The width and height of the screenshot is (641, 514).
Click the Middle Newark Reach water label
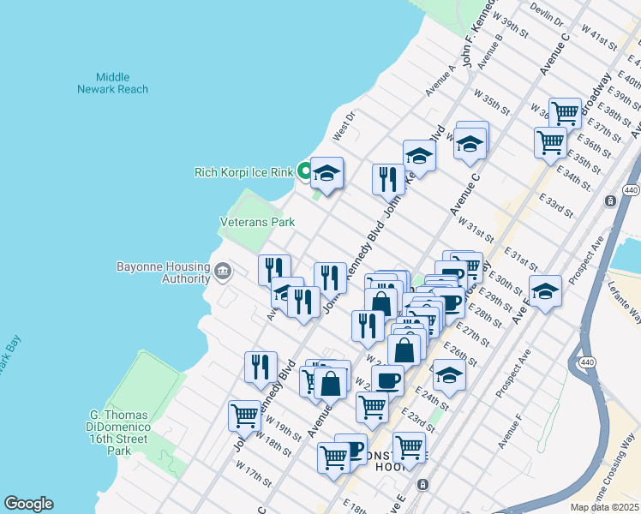coord(112,83)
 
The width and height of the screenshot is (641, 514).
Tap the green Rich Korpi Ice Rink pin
coord(303,171)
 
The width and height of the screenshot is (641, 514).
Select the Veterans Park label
coord(257,222)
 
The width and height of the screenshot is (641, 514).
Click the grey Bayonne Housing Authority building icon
coord(222,272)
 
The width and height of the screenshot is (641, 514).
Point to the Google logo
coord(28,504)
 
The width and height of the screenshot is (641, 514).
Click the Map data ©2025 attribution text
coord(605,507)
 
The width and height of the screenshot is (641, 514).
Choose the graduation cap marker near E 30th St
coord(545,292)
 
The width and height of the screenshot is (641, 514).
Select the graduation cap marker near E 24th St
coord(449,375)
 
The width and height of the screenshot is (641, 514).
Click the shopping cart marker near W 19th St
coord(244,416)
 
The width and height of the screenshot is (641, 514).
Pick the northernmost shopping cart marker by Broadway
coord(565,113)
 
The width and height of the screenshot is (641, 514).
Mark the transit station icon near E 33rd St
coord(609,201)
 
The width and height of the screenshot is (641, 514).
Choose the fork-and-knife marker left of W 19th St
coord(261,368)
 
